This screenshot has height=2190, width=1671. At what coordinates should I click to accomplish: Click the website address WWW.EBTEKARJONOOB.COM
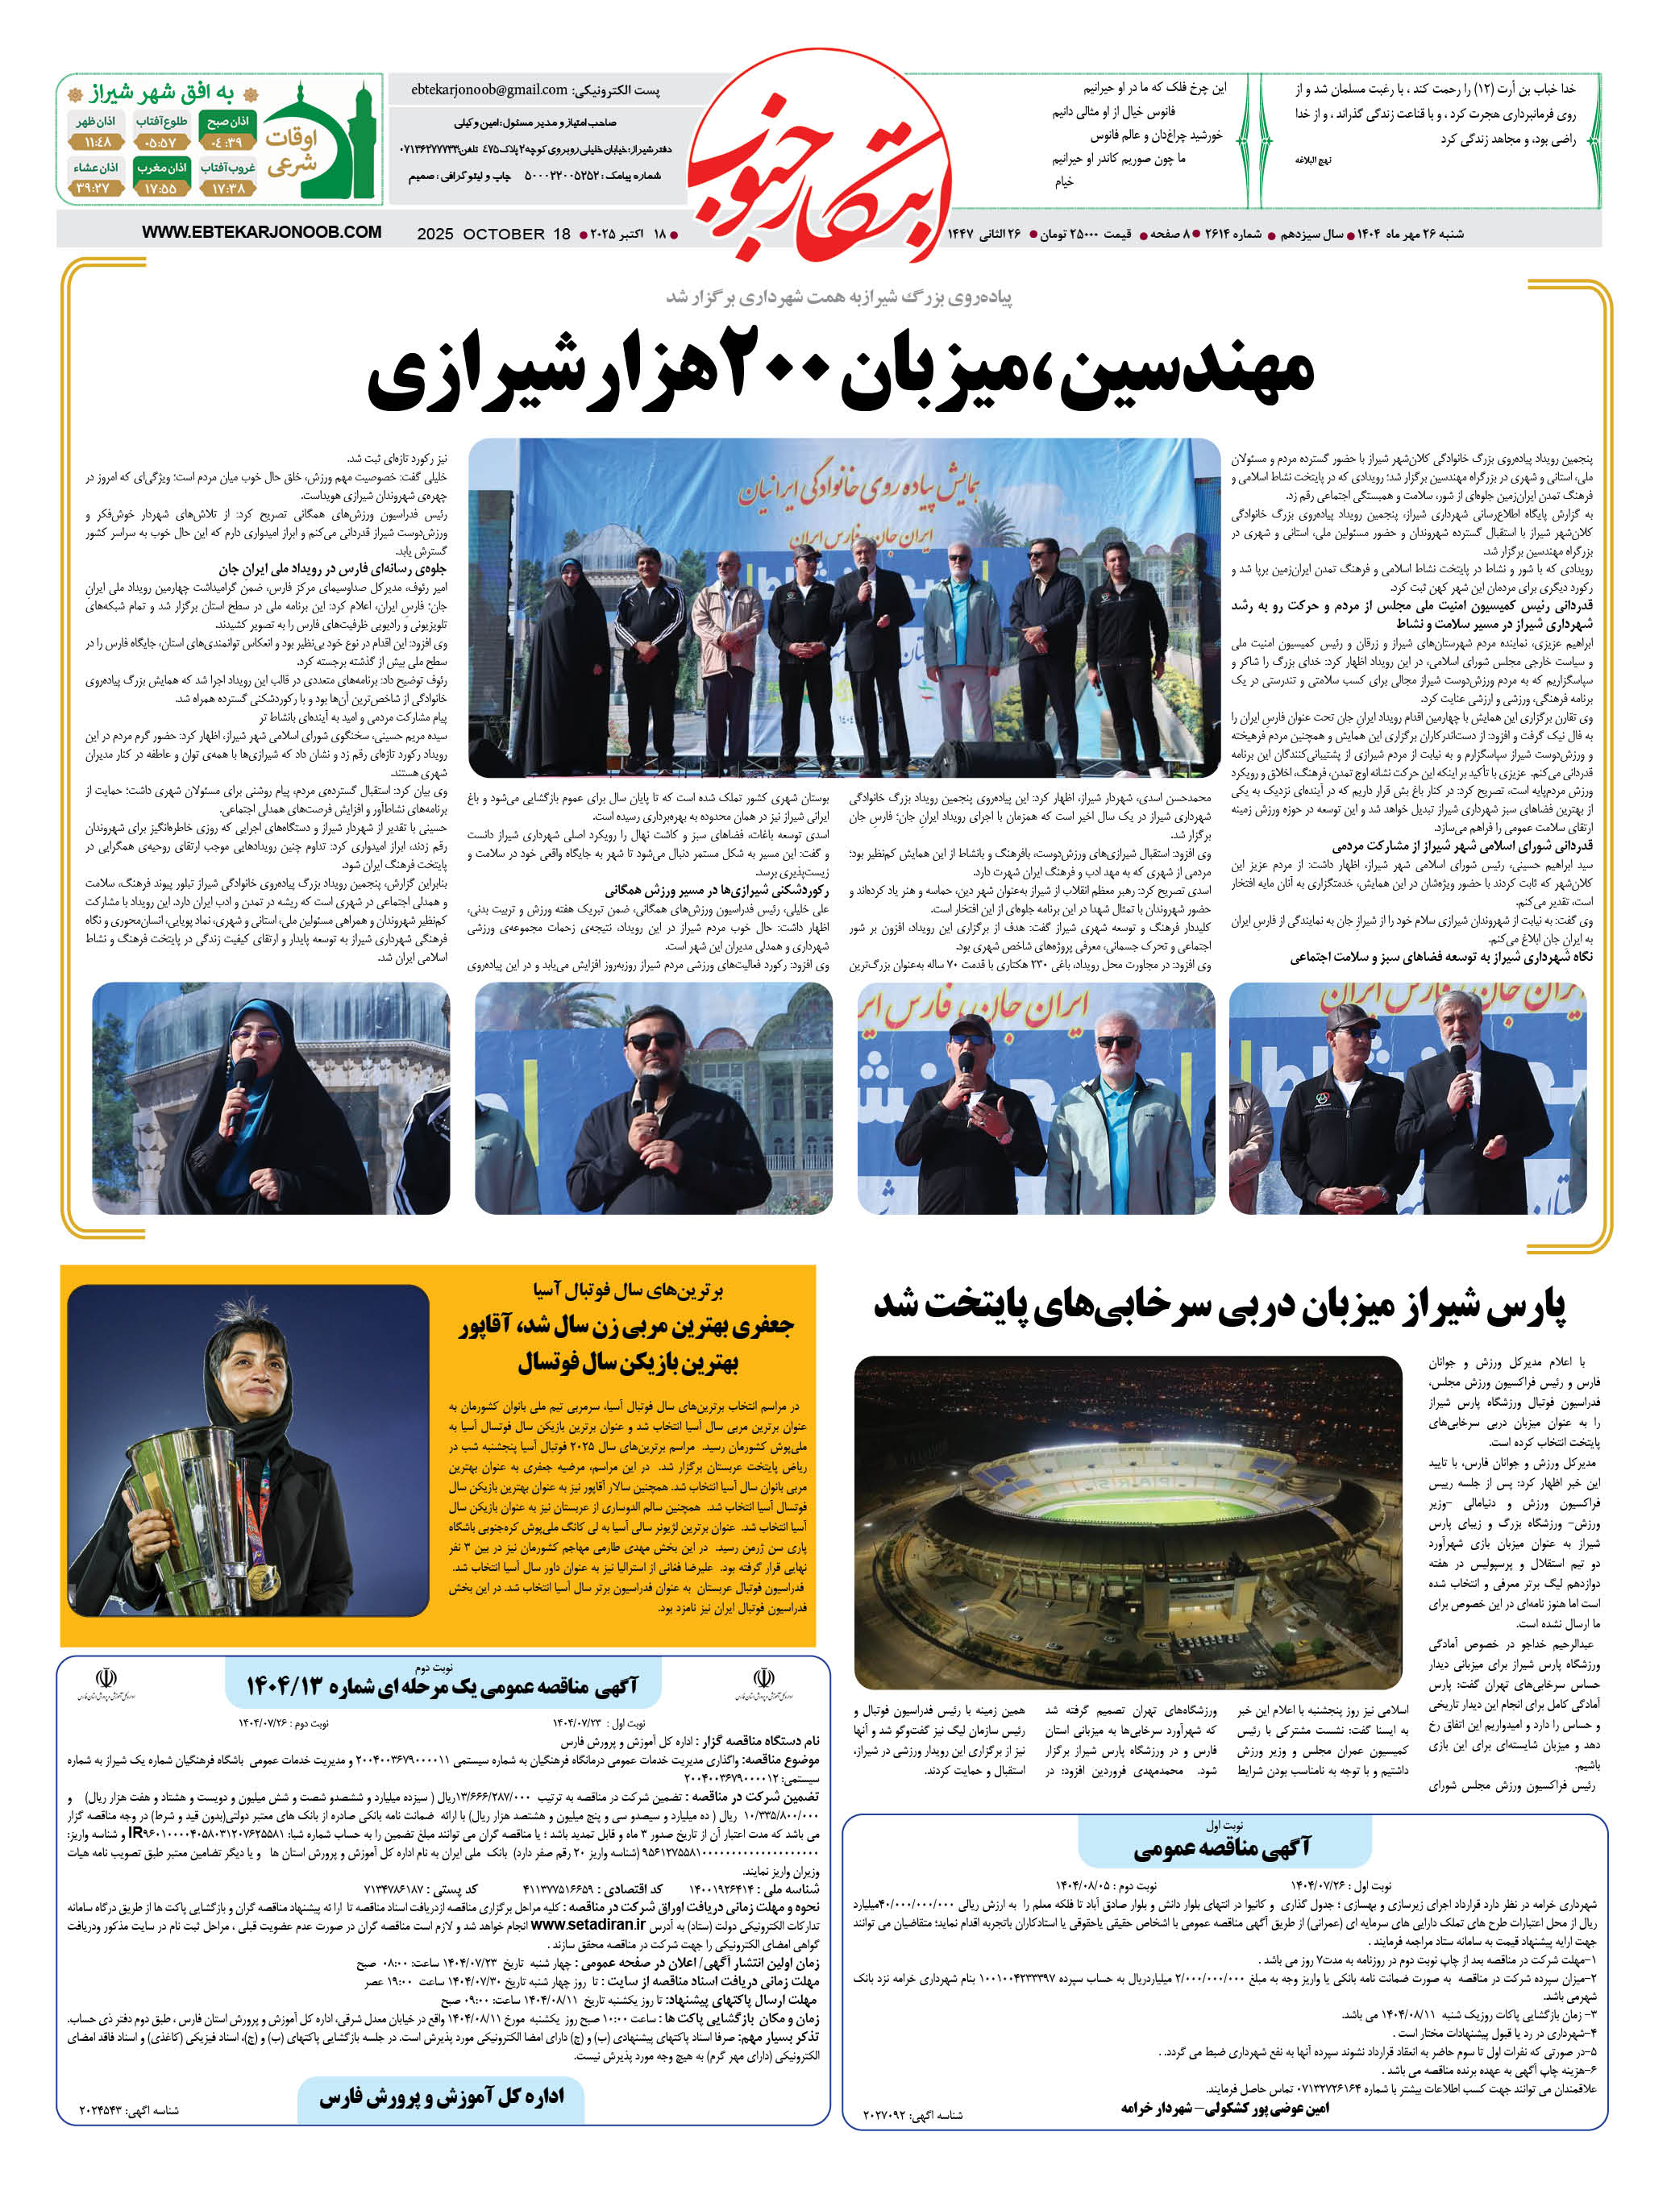[262, 231]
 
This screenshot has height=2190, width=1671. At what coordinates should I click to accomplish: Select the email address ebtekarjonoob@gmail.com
[489, 89]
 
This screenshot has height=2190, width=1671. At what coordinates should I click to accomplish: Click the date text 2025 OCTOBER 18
[493, 234]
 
